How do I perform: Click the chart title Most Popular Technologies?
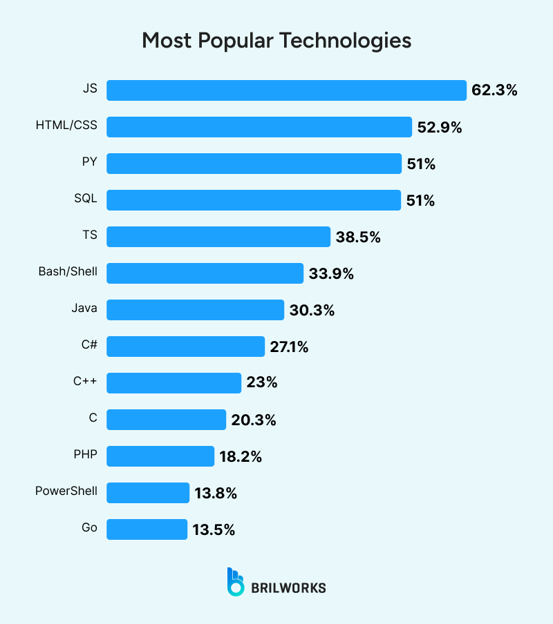(x=276, y=40)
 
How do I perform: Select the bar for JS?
(x=286, y=90)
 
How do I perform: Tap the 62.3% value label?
(x=494, y=90)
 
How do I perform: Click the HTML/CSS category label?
(x=66, y=126)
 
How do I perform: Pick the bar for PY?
(x=254, y=164)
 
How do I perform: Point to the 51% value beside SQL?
(x=420, y=200)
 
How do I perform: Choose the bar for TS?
(x=218, y=237)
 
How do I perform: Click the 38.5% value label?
(x=358, y=237)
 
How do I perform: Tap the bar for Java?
(x=195, y=310)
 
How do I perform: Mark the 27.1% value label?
(x=289, y=347)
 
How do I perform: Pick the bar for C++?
(x=174, y=382)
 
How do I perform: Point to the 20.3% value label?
(x=254, y=420)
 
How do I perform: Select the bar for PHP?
(x=160, y=456)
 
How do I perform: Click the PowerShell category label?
(x=66, y=492)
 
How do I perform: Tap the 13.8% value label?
(x=216, y=493)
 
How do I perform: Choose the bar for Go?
(x=147, y=529)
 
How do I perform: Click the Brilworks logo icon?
(x=235, y=581)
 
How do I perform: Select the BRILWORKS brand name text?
(x=288, y=588)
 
